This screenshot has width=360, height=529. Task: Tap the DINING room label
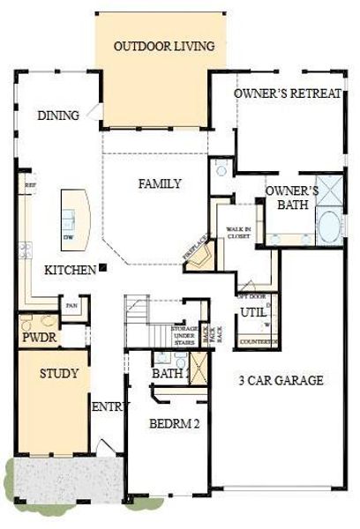pyautogui.click(x=59, y=115)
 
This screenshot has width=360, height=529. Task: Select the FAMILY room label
pyautogui.click(x=160, y=184)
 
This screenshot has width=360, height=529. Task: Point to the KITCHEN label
pyautogui.click(x=70, y=270)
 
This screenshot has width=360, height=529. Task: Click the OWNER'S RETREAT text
pyautogui.click(x=288, y=93)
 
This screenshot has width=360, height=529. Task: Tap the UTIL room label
pyautogui.click(x=253, y=312)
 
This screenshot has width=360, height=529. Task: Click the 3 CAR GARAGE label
pyautogui.click(x=281, y=381)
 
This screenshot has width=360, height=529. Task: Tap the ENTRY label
pyautogui.click(x=112, y=406)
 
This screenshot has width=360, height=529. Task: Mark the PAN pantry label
pyautogui.click(x=71, y=307)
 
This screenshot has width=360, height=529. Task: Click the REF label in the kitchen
pyautogui.click(x=30, y=185)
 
